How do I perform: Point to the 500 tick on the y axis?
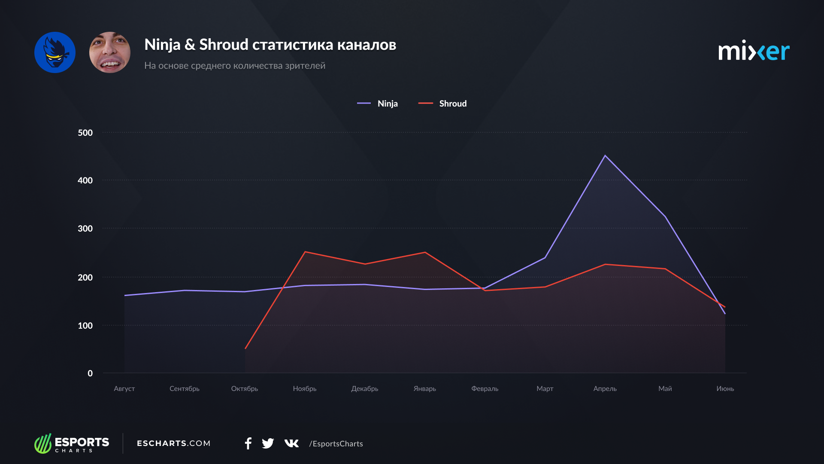pos(85,133)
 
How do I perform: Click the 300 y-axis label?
pos(85,229)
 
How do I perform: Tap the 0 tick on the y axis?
pos(90,373)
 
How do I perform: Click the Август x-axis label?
pos(124,388)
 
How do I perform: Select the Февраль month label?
pos(485,388)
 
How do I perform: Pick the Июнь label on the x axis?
pos(725,388)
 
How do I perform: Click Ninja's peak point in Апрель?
pos(605,156)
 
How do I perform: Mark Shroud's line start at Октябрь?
pos(245,348)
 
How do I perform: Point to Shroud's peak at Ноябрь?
pos(305,252)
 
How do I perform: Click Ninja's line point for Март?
pos(545,258)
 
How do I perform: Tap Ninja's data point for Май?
pos(665,217)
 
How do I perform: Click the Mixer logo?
pos(754,52)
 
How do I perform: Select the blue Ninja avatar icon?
pos(55,52)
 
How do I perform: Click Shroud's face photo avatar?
pos(110,52)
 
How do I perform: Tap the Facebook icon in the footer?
pos(248,443)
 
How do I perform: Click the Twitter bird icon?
pos(268,443)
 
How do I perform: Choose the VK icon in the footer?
pos(291,443)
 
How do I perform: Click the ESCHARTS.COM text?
pos(173,443)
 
